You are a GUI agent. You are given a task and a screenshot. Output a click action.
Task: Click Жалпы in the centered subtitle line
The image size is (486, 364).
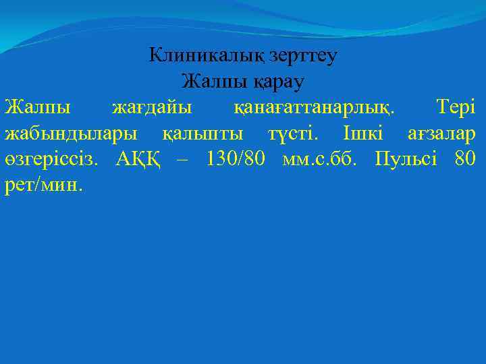tap(206, 82)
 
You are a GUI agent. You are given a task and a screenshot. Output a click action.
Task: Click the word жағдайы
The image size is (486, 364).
tap(151, 108)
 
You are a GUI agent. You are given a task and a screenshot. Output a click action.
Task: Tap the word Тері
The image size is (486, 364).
tap(456, 107)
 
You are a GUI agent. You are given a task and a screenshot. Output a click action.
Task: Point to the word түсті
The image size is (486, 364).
tap(291, 133)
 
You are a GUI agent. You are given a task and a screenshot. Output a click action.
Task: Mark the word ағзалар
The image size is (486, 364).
tap(441, 134)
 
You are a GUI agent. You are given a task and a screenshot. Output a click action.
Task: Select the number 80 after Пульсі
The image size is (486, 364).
tap(466, 160)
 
